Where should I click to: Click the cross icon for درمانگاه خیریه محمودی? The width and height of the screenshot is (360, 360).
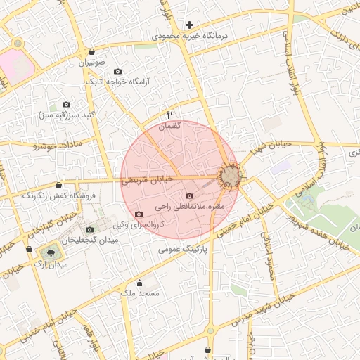(189, 25)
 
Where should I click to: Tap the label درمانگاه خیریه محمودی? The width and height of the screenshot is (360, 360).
(190, 35)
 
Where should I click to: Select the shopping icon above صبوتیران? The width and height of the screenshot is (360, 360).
(92, 51)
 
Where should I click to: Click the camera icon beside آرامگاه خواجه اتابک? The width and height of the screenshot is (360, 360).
(117, 72)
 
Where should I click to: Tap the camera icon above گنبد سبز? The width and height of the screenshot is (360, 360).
(67, 104)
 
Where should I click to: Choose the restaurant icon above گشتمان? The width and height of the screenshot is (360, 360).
(169, 115)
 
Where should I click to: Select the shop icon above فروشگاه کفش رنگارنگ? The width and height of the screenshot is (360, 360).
(48, 185)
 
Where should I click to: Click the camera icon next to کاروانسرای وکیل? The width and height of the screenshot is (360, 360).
(139, 214)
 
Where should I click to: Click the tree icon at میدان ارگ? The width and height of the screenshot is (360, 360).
(51, 251)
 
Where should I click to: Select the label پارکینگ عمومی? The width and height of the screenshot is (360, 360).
(186, 249)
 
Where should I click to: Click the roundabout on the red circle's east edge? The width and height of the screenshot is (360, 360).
(231, 175)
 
